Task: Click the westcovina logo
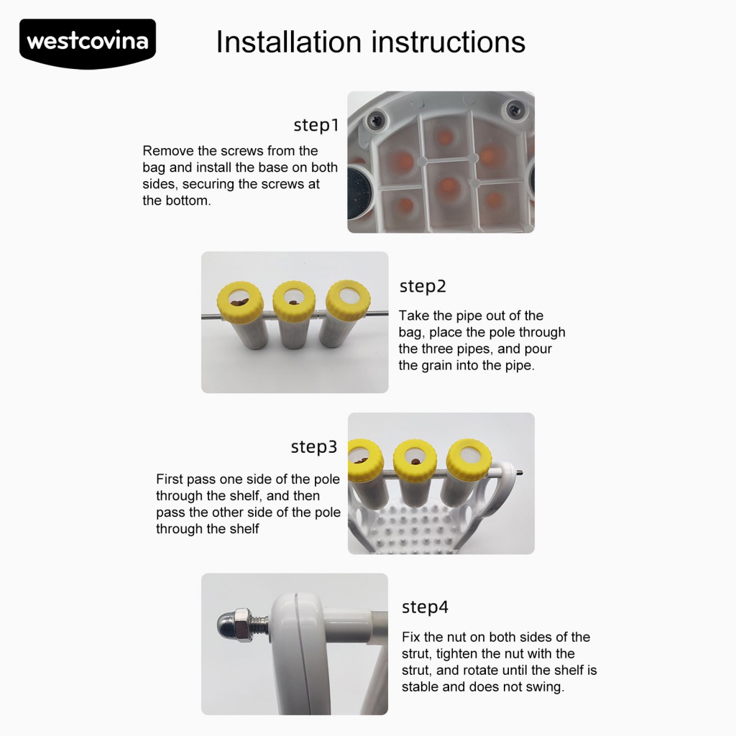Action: coord(88,43)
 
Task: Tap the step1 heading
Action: coord(316,125)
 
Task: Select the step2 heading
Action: coord(423,286)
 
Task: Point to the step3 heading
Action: coord(314,447)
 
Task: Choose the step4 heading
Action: coord(425,607)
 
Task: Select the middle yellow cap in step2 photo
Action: coord(294,299)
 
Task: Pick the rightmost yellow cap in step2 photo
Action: coord(348,298)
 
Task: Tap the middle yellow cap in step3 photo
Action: coord(415,459)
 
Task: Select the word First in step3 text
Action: coord(170,479)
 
